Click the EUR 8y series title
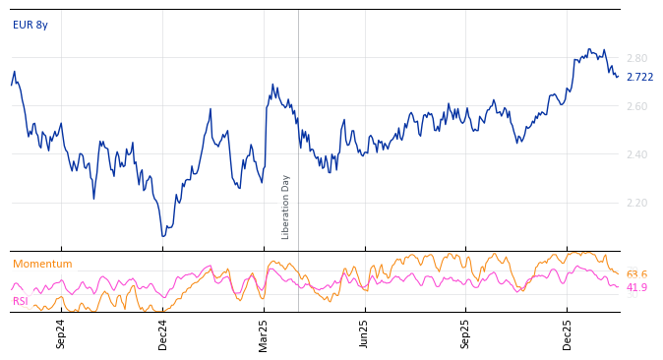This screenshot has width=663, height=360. click(x=30, y=26)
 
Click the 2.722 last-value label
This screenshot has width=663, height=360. click(x=639, y=77)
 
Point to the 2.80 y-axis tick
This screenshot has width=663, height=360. click(x=636, y=58)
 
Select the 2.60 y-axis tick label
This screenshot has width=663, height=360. click(x=636, y=106)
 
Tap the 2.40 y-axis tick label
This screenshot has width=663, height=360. click(x=636, y=154)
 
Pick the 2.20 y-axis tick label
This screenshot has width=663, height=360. click(x=636, y=203)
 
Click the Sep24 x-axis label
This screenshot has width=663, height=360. click(x=61, y=332)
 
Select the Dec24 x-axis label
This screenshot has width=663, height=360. click(x=163, y=332)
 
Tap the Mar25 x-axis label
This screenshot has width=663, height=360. click(x=264, y=332)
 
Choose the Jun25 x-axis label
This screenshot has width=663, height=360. click(x=365, y=332)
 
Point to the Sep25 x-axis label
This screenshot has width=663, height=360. click(x=466, y=332)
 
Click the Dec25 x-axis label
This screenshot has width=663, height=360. click(x=568, y=332)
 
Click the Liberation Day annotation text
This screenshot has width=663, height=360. click(x=286, y=207)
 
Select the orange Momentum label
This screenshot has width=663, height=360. click(x=42, y=264)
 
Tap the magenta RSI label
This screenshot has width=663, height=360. click(x=21, y=301)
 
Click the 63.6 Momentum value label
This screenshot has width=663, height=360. click(x=636, y=274)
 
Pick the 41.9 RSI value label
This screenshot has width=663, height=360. click(x=636, y=287)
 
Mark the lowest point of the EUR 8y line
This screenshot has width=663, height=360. click(x=163, y=236)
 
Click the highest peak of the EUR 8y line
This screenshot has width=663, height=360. click(x=589, y=48)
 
